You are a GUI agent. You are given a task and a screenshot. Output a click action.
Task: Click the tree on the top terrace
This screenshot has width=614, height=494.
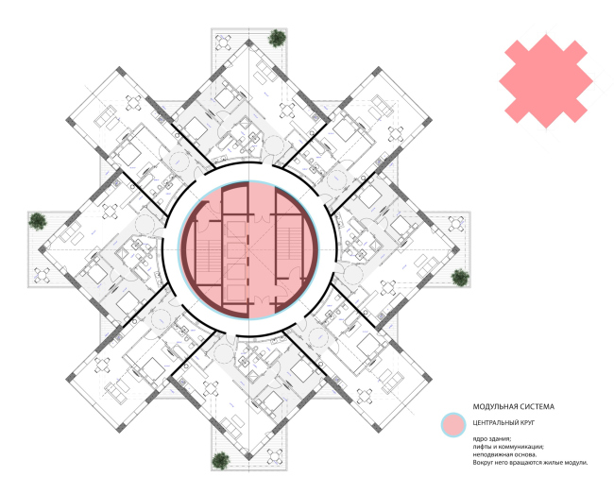pyautogui.click(x=277, y=38)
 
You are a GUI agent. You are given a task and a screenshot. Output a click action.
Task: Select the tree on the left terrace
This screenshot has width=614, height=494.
pyautogui.click(x=38, y=221)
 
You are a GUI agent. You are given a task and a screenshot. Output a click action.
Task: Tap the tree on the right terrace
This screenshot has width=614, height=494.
pyautogui.click(x=460, y=277)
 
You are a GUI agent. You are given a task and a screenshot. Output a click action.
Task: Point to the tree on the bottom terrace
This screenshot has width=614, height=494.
pyautogui.click(x=221, y=461)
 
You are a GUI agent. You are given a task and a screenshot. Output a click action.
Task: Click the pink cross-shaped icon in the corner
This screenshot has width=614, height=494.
pyautogui.click(x=546, y=81)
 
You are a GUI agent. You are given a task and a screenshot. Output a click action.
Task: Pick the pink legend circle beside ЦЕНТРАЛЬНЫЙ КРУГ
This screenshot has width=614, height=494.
pyautogui.click(x=453, y=425)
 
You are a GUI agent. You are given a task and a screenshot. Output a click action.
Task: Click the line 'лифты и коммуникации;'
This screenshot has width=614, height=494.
pyautogui.click(x=508, y=447)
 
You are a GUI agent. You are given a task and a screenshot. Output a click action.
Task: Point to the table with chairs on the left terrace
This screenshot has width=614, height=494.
pyautogui.click(x=42, y=275)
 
